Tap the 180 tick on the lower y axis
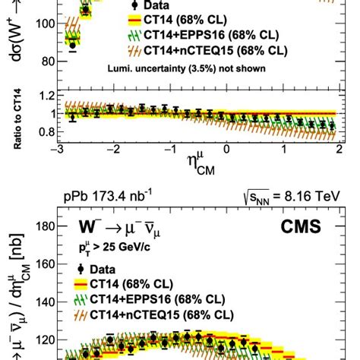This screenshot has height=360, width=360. pos(45,226)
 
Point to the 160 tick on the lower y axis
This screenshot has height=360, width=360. pos(45,265)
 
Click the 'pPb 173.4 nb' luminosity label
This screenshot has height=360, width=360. pos(107,198)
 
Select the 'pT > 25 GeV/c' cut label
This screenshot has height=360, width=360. pos(110,249)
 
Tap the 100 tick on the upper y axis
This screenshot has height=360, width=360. pos(45,24)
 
